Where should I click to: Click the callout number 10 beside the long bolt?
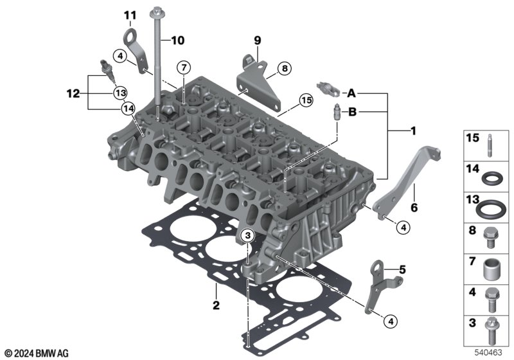pos(178,40)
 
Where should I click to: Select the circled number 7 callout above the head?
pos(184,68)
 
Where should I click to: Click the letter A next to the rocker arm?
pos(351,93)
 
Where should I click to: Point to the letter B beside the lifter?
pos(352,112)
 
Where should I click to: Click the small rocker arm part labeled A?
pos(328,89)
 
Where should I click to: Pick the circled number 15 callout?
pos(306,100)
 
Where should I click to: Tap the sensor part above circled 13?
pos(107,71)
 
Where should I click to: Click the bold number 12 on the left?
pos(73,94)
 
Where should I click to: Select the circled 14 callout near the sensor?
pos(128,108)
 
